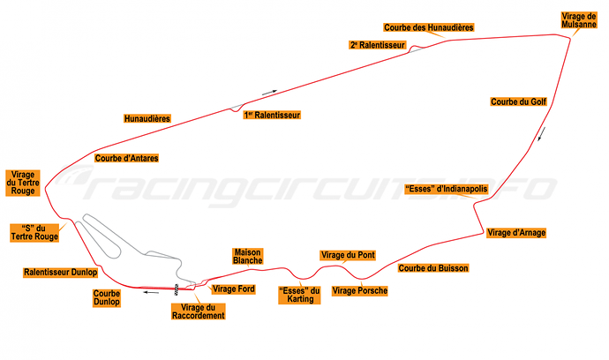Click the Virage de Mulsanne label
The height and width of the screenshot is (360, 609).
pos(579,20)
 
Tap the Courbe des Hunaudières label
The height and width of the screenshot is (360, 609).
pos(428,27)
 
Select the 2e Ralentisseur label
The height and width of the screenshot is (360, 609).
pos(378,45)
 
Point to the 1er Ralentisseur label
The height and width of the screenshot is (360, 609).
pos(272,115)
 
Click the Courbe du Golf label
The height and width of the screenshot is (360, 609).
pos(518,101)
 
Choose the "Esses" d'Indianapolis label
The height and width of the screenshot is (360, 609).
pos(447,189)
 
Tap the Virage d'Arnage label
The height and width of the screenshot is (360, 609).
pos(516,233)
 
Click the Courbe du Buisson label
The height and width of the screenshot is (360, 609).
pos(433,268)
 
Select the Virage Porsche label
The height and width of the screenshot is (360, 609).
pos(359,291)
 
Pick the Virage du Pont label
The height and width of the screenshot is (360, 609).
pos(348,255)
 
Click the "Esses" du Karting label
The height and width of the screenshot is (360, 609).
pos(299,295)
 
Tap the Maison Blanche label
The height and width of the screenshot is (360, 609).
pos(248,256)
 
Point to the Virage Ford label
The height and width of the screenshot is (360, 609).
pos(234,289)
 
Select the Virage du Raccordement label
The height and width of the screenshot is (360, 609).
pos(199,311)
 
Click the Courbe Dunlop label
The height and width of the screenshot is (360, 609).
pos(107,298)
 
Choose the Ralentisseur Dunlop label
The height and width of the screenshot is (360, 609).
pos(61,273)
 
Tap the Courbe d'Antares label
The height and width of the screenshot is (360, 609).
pos(126,158)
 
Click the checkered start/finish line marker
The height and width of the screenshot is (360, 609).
pos(176,289)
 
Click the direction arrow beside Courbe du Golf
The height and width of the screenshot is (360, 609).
pos(542,134)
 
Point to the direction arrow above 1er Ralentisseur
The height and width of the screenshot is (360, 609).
pos(269,93)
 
